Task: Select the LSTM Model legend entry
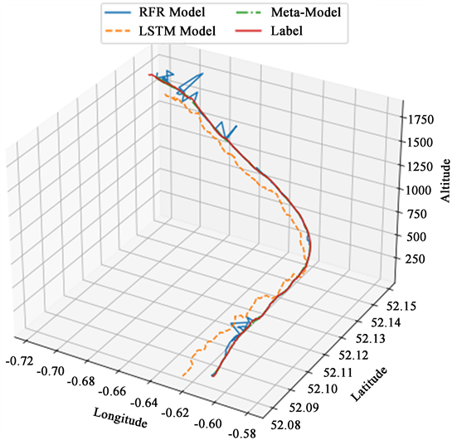tap(177, 31)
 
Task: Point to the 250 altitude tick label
tap(421, 259)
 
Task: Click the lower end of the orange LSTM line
tap(183, 376)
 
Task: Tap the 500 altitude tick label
tap(421, 236)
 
